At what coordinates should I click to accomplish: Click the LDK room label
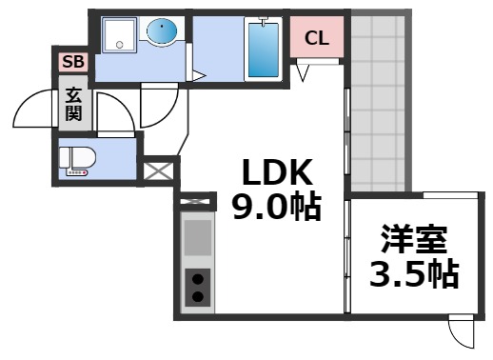pos(276,172)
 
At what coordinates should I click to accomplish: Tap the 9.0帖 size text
pos(276,207)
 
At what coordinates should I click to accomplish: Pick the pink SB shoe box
pos(72,63)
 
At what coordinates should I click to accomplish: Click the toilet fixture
pos(75,161)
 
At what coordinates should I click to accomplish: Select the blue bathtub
pos(262,50)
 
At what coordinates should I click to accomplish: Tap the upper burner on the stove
pos(198,279)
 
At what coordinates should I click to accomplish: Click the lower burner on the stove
pos(198,296)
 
